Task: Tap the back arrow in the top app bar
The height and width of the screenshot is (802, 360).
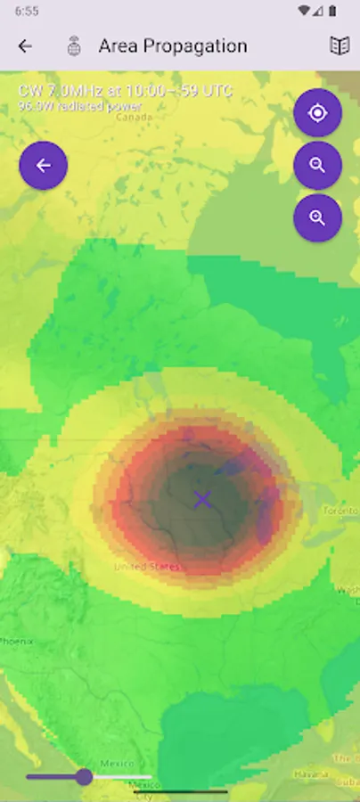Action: pos(25,46)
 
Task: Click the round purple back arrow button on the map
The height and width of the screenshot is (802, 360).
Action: pos(43,165)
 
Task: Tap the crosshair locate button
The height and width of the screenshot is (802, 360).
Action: pos(317,113)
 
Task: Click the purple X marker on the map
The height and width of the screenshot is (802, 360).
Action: pos(202,499)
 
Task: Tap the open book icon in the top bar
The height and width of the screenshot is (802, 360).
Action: pos(340,46)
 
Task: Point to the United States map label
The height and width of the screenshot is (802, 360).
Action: pos(146,567)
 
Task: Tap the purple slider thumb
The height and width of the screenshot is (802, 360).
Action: pos(84,776)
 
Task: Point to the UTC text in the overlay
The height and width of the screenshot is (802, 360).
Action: pos(218,91)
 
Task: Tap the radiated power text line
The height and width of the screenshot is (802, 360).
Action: pos(79,106)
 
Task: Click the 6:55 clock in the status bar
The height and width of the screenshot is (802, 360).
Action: pos(27,12)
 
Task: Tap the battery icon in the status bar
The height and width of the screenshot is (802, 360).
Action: pos(332,12)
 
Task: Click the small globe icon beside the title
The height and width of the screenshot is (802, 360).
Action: pos(75,46)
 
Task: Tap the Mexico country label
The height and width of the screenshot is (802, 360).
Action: pos(117,764)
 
